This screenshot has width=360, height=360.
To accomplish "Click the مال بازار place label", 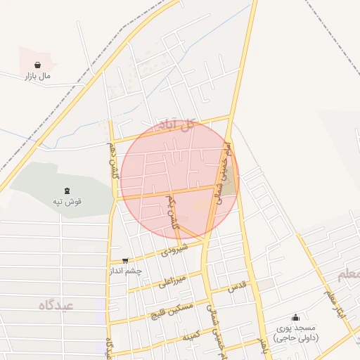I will click(x=39, y=75).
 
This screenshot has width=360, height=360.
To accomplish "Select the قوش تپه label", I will click(x=68, y=202).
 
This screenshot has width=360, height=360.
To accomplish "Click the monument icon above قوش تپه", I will click(x=67, y=191).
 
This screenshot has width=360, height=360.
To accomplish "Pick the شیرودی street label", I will click(x=174, y=249).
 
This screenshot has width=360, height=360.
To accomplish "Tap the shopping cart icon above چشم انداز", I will click(x=125, y=261).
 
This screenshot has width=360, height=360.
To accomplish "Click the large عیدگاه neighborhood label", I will click(x=56, y=304).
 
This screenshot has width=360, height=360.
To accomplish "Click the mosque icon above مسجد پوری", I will click(x=295, y=316).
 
